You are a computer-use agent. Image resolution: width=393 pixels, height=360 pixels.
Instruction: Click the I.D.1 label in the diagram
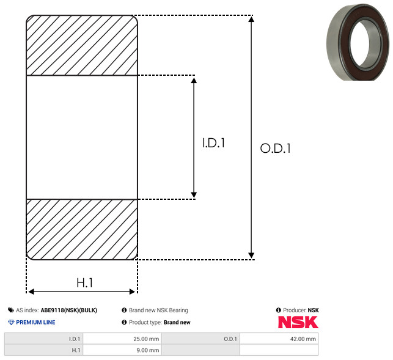213,143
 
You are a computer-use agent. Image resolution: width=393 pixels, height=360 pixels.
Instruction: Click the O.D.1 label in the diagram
276,148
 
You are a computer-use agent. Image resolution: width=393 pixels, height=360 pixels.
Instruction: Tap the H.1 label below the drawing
85,283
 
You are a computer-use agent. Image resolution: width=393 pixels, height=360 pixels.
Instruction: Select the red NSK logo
298,322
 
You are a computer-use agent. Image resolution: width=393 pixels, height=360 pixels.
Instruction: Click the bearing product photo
358,42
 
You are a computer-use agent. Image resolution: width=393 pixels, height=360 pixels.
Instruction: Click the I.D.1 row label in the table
75,339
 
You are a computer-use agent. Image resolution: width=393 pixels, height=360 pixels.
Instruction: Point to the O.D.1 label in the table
230,339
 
